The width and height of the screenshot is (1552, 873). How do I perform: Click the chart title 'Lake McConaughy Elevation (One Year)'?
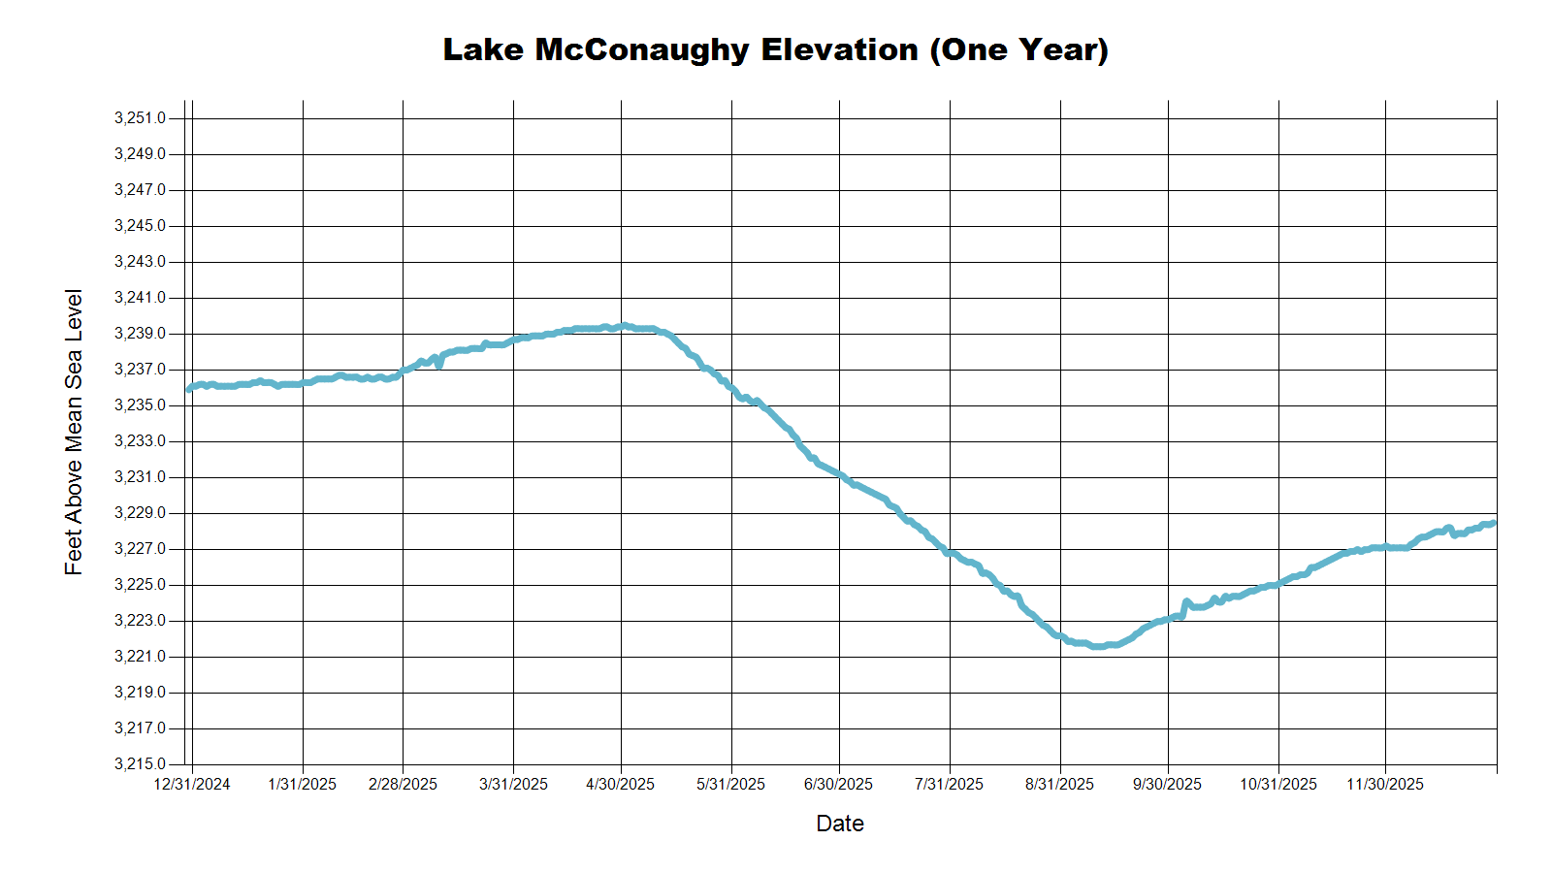click(775, 49)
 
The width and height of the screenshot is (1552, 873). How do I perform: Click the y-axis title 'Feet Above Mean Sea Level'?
click(74, 432)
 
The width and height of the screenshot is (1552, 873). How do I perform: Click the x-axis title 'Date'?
click(840, 824)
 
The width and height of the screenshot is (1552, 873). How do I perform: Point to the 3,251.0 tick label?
click(140, 118)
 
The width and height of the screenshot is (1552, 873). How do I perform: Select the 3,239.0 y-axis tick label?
click(140, 334)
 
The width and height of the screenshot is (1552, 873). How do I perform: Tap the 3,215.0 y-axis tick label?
click(140, 764)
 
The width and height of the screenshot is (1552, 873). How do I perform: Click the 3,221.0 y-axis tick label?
click(140, 657)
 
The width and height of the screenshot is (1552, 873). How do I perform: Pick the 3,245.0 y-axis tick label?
click(140, 226)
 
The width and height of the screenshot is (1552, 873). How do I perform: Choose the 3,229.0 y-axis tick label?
click(140, 513)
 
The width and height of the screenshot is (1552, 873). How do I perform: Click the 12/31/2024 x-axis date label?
click(192, 784)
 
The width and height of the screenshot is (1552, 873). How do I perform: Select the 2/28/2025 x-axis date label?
click(403, 784)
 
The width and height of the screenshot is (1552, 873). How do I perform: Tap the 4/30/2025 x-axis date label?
click(621, 784)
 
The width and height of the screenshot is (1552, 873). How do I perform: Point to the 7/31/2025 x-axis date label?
click(949, 784)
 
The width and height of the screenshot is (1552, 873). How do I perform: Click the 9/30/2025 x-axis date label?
click(1167, 784)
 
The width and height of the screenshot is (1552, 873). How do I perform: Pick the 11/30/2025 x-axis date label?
click(1385, 784)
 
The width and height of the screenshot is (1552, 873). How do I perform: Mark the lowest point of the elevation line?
click(1098, 646)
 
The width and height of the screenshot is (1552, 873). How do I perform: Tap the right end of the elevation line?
click(1493, 524)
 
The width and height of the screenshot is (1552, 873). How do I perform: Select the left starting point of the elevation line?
click(189, 389)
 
